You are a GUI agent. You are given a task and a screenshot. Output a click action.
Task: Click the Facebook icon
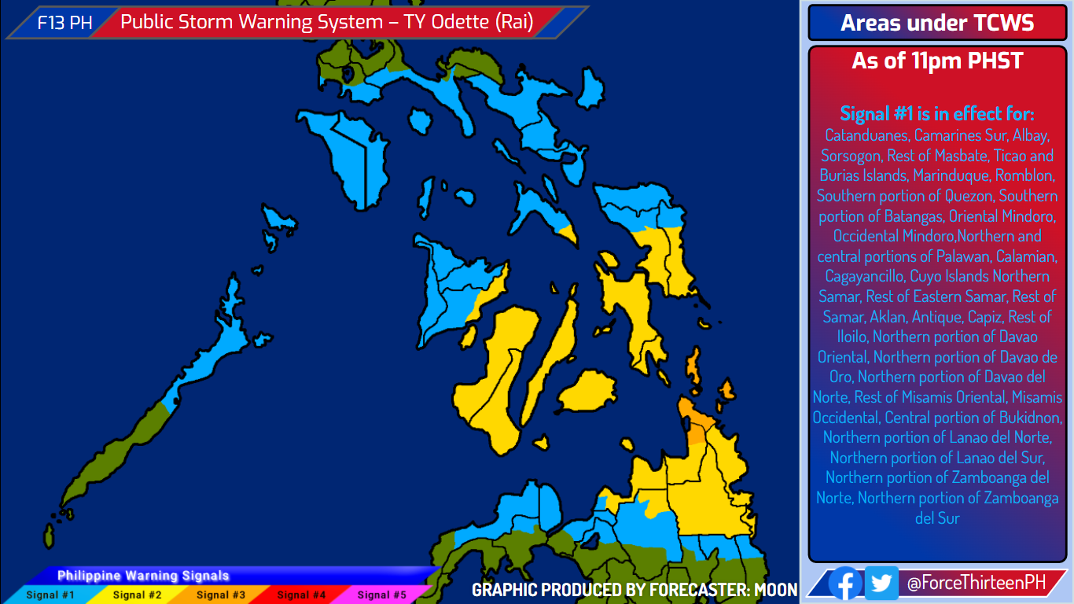click(845, 583)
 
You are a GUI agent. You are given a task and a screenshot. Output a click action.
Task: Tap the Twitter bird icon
click(881, 583)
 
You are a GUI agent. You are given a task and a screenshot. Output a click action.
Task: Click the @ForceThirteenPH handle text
click(976, 583)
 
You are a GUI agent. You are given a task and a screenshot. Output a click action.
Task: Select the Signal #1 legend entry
click(50, 595)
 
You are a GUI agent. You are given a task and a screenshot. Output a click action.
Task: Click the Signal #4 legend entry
click(301, 595)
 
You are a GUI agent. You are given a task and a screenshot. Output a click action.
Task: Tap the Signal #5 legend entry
click(382, 595)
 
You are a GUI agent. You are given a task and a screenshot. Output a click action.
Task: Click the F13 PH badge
click(64, 23)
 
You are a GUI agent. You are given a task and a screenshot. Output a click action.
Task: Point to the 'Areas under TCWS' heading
click(937, 23)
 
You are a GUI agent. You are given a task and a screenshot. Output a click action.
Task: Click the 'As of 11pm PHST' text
click(937, 61)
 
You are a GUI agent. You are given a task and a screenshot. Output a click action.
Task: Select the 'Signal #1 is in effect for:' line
click(937, 113)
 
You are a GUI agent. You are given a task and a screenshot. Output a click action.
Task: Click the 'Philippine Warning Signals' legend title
click(143, 576)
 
